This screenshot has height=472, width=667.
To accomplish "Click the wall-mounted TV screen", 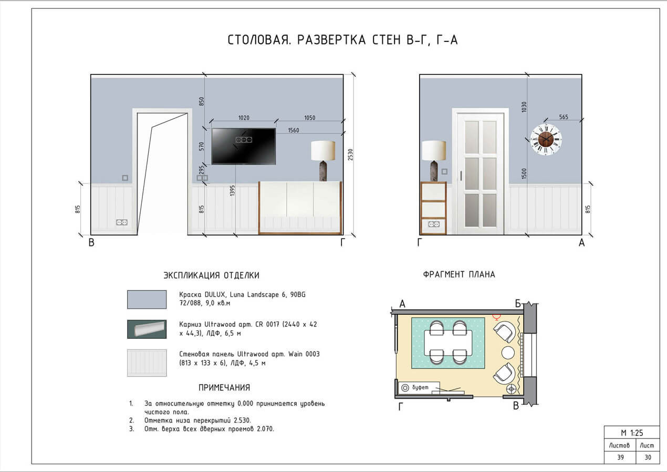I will (x=243, y=146).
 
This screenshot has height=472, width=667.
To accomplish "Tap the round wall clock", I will (x=546, y=140).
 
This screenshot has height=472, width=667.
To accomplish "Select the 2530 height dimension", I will (x=350, y=155).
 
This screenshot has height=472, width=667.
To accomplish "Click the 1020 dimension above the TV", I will (x=243, y=118).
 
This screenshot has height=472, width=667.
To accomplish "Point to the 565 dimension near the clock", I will (x=564, y=117).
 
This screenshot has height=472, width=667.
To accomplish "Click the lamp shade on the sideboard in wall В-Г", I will (x=323, y=151).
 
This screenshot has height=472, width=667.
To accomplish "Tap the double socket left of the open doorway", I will (x=122, y=222).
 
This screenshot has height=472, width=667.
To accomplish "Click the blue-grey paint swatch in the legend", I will (x=147, y=299).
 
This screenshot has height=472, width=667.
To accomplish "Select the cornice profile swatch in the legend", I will (x=147, y=329).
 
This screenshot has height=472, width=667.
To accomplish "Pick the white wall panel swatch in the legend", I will (x=147, y=362).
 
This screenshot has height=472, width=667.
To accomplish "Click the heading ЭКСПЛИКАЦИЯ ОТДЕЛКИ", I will (x=211, y=275).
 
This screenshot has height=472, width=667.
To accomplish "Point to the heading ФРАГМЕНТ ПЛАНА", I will (x=458, y=274).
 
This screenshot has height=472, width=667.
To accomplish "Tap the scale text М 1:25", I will (x=631, y=433).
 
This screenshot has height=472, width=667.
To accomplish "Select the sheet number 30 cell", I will (x=647, y=457).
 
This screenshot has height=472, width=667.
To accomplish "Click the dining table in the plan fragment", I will (x=448, y=344).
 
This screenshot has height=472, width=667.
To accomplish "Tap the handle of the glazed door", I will (x=461, y=175).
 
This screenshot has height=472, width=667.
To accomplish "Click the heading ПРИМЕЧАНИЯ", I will (x=224, y=388).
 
